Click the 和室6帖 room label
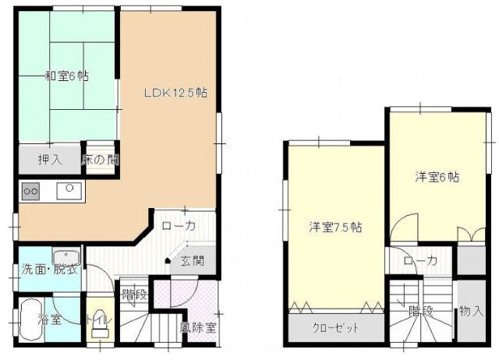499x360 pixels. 67,76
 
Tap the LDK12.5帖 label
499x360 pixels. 175,93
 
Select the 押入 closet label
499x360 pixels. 50,160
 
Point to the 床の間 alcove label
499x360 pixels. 101,160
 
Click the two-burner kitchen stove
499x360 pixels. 31,191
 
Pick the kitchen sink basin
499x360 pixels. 69,191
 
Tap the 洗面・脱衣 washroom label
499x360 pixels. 50,270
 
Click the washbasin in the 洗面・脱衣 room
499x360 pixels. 65,256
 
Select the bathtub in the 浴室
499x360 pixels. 31,320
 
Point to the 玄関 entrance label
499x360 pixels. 193,261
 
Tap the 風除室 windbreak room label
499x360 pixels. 198,327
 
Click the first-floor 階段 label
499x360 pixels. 135,295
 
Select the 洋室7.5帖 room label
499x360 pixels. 335,227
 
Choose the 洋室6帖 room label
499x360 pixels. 437,177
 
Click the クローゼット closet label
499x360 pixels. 336,327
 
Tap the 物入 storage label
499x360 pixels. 472,310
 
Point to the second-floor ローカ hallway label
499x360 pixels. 420,261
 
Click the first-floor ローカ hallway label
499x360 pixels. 179,226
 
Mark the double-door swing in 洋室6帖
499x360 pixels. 472,235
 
